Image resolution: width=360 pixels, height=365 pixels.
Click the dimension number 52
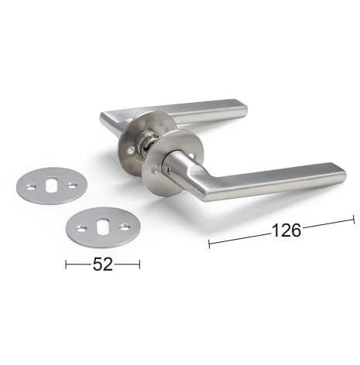103,264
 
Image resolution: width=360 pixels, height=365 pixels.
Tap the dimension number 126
286,230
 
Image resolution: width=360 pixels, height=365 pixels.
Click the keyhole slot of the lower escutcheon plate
102,225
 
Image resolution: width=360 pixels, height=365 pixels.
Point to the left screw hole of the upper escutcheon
31,187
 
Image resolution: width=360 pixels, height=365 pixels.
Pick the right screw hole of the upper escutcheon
72,185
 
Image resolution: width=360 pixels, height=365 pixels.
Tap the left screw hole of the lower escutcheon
81,228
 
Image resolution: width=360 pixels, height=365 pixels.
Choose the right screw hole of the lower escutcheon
125,227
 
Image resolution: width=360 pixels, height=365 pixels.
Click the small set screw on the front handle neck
169,169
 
